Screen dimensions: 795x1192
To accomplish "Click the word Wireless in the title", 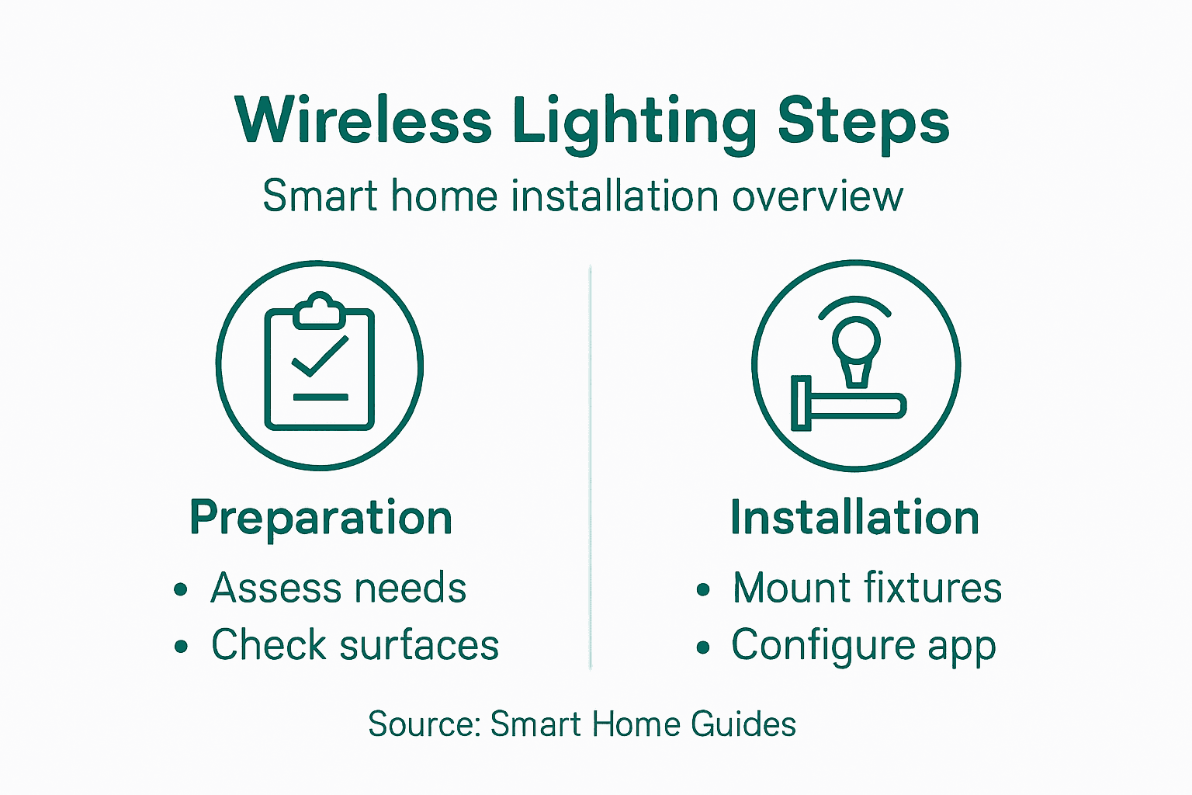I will (363, 121).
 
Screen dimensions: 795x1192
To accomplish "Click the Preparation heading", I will (321, 519).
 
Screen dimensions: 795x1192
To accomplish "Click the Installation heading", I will (854, 518).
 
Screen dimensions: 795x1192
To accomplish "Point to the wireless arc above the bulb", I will (855, 305).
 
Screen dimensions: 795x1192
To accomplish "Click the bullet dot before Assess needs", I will (181, 589).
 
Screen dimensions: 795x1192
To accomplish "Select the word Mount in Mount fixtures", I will (792, 588).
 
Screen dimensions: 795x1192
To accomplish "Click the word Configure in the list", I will (823, 646).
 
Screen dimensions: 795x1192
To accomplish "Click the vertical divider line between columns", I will (591, 466).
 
